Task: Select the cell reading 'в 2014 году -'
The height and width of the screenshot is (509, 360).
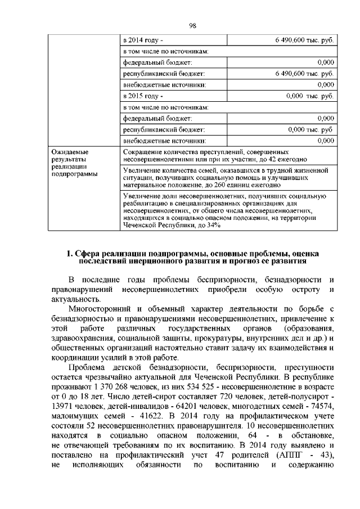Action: point(143,40)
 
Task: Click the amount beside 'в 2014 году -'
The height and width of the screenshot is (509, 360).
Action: point(304,40)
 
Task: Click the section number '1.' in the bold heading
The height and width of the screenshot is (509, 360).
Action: point(70,254)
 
